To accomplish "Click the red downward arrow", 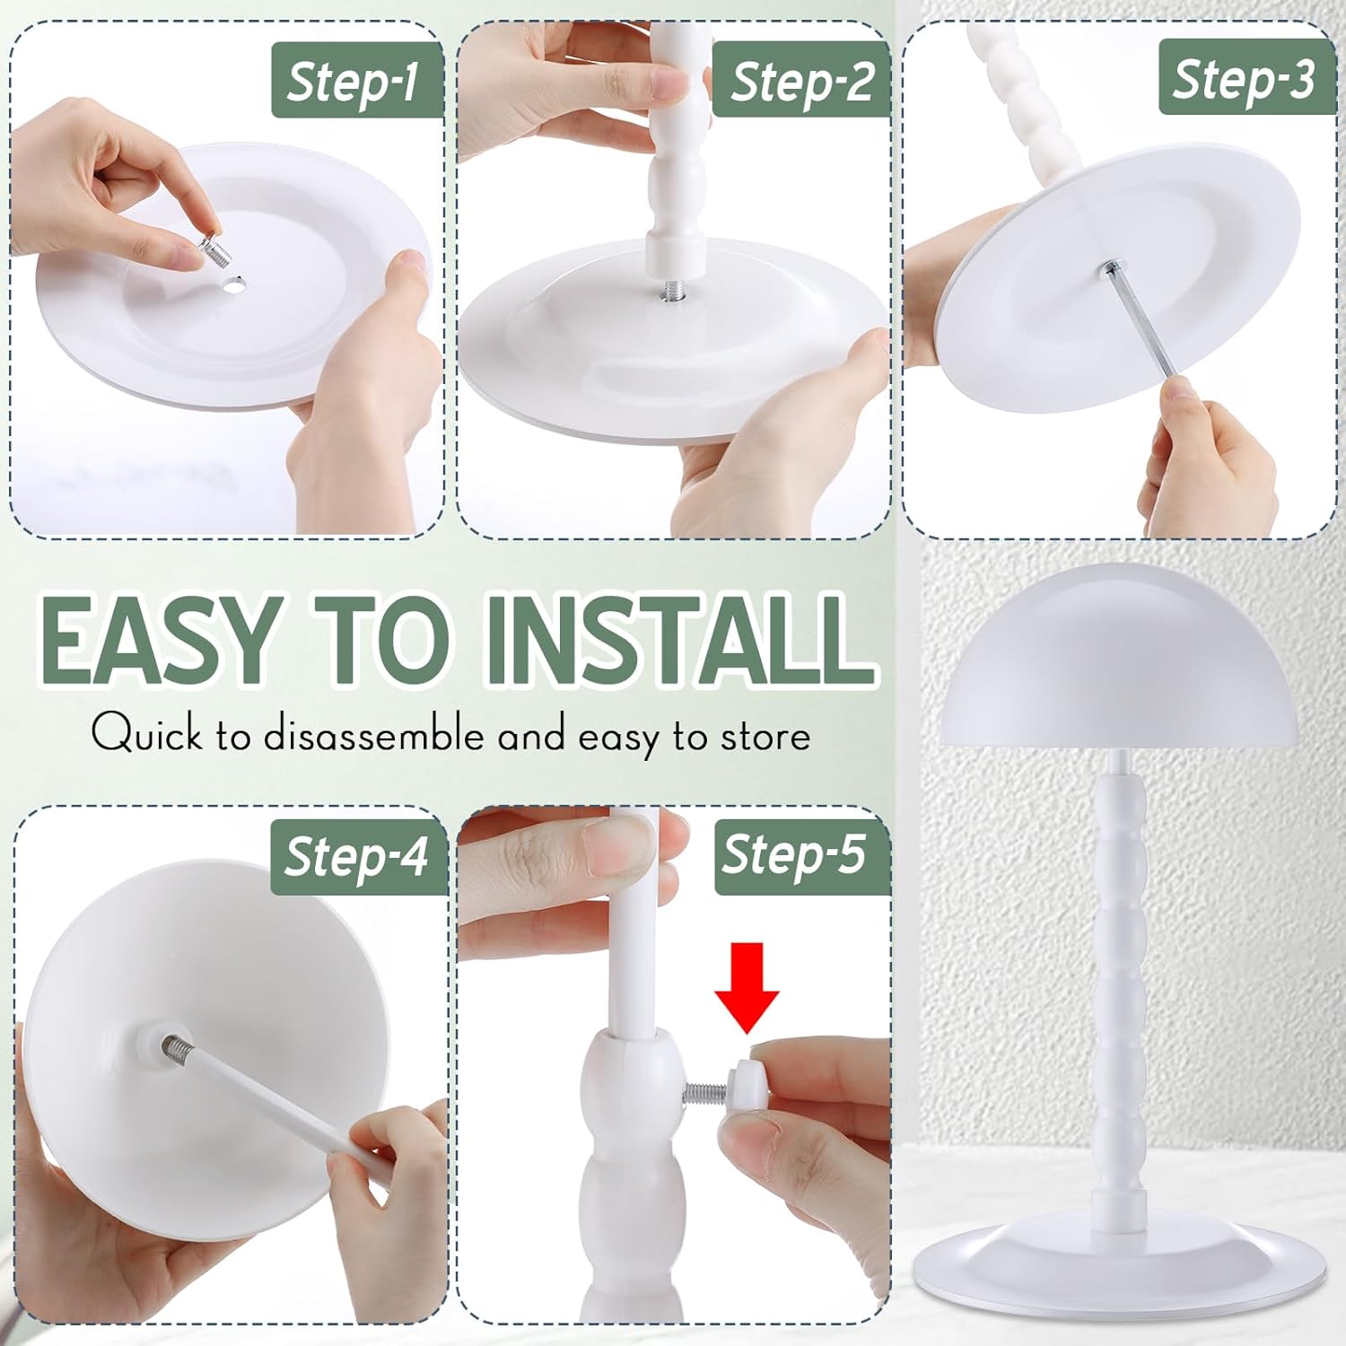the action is pos(747,985).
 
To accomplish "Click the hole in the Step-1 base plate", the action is pos(236,283).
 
